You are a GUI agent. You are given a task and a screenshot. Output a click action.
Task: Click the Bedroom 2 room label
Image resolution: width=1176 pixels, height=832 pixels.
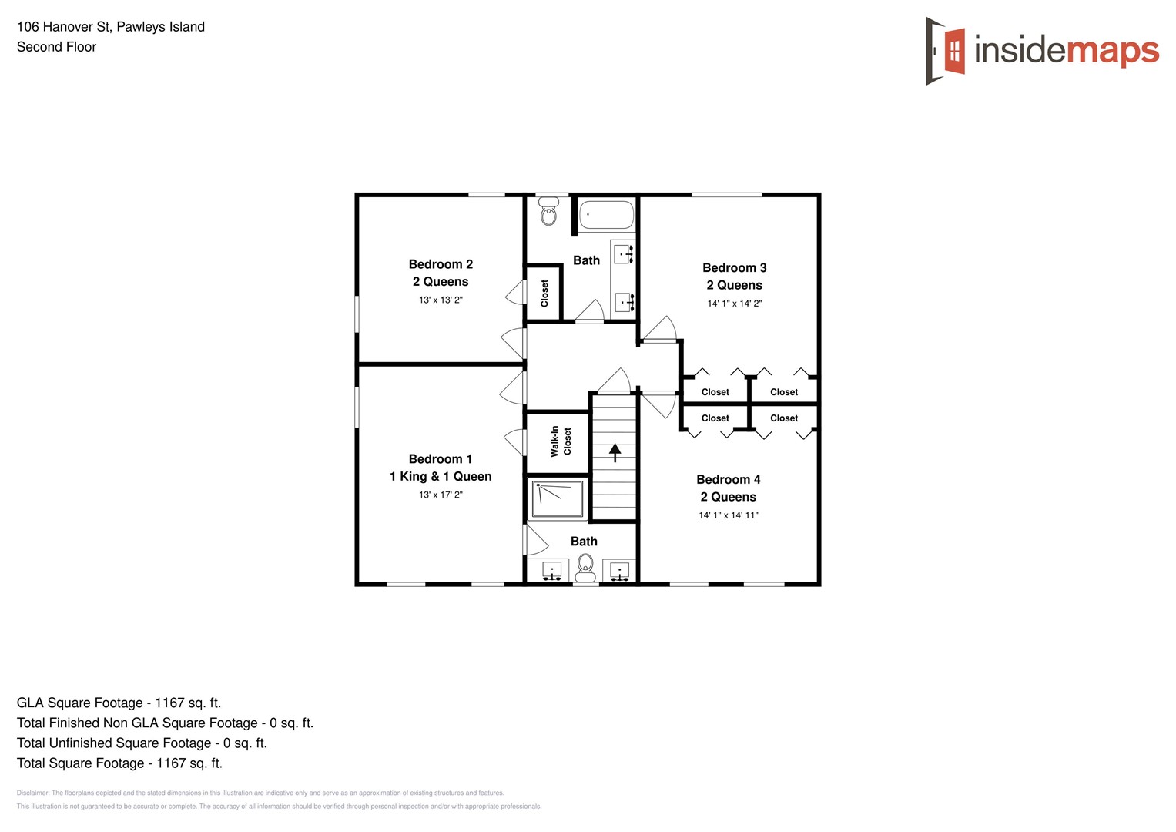[441, 264]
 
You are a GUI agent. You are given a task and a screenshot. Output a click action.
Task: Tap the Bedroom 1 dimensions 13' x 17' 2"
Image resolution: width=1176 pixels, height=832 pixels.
[441, 495]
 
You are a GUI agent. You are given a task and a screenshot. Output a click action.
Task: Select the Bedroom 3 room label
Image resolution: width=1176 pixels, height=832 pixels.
[734, 268]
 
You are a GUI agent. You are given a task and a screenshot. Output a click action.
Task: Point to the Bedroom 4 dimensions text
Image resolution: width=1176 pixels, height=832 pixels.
[728, 515]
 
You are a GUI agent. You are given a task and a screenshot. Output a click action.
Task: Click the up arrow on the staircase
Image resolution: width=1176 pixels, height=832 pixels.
[615, 452]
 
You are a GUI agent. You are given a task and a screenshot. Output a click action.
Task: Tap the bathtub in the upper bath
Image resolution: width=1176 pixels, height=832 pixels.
[606, 215]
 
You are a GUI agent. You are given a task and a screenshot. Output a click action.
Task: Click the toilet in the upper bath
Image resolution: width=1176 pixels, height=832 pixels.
[548, 212]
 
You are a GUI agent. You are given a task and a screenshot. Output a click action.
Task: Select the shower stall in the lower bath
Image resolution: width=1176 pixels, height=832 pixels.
[558, 499]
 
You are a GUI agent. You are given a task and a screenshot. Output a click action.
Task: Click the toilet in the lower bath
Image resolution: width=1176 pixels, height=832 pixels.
[585, 567]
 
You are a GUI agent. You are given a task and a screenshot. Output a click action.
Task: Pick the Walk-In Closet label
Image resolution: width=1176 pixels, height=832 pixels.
[561, 441]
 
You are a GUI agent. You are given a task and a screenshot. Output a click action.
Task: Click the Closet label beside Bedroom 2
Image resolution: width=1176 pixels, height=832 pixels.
[544, 294]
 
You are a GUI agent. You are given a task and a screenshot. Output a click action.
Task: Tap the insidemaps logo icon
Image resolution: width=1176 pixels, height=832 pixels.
[946, 51]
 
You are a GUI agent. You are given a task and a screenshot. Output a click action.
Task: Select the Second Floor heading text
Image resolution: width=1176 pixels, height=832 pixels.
[56, 47]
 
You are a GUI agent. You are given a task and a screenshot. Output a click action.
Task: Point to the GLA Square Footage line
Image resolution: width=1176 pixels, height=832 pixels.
[119, 703]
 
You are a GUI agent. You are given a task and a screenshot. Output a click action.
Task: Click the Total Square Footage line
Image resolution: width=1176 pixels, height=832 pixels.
[119, 763]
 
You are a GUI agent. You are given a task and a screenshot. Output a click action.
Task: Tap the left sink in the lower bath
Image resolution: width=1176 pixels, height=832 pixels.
[551, 572]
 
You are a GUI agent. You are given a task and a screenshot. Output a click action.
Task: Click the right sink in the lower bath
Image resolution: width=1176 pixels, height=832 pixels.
[619, 572]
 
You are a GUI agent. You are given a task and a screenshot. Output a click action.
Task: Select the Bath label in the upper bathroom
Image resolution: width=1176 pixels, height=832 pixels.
[586, 260]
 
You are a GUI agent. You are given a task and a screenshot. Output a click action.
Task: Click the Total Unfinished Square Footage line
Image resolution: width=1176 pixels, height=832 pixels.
[142, 743]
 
